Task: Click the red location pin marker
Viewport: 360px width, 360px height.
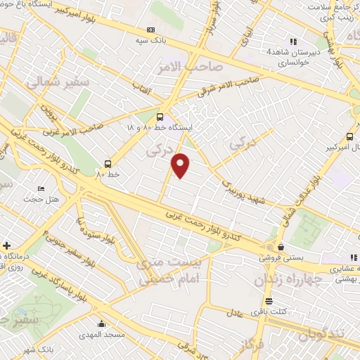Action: point(181,165)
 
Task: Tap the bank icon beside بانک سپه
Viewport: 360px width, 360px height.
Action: point(150,30)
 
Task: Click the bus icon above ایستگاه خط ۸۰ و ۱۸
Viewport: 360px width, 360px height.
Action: point(160,117)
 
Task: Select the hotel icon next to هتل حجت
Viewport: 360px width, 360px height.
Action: point(41,189)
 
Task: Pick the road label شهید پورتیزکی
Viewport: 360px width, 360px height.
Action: point(246,186)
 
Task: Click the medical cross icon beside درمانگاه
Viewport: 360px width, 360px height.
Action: point(6,246)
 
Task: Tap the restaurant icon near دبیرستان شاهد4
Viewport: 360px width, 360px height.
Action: point(292,42)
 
